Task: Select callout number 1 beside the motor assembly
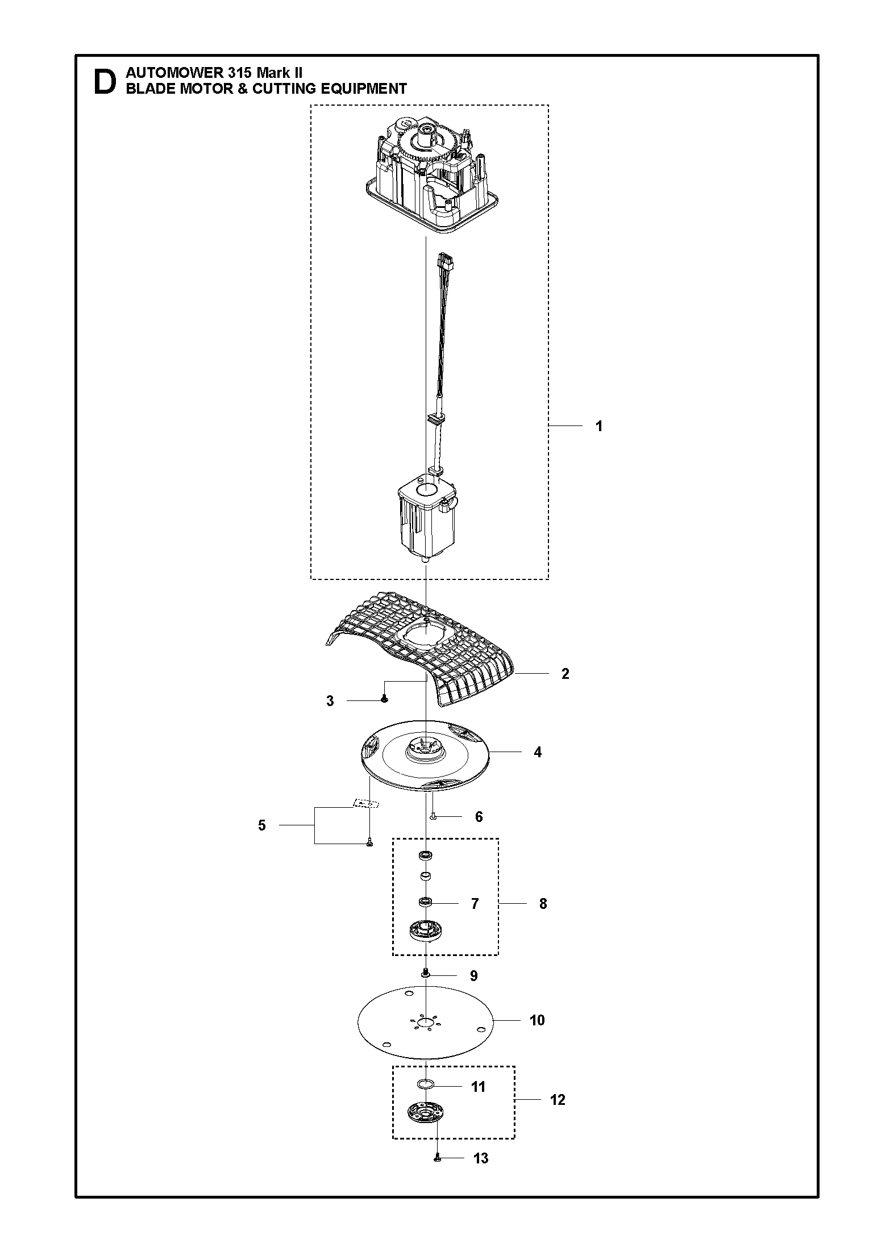(598, 426)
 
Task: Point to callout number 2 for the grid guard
(565, 674)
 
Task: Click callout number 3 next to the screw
(330, 701)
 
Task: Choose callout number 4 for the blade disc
(538, 752)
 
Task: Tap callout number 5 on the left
(262, 825)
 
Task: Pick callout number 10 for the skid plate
(537, 1020)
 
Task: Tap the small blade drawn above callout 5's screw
(365, 803)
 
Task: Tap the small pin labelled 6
(433, 816)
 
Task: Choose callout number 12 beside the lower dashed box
(558, 1100)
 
